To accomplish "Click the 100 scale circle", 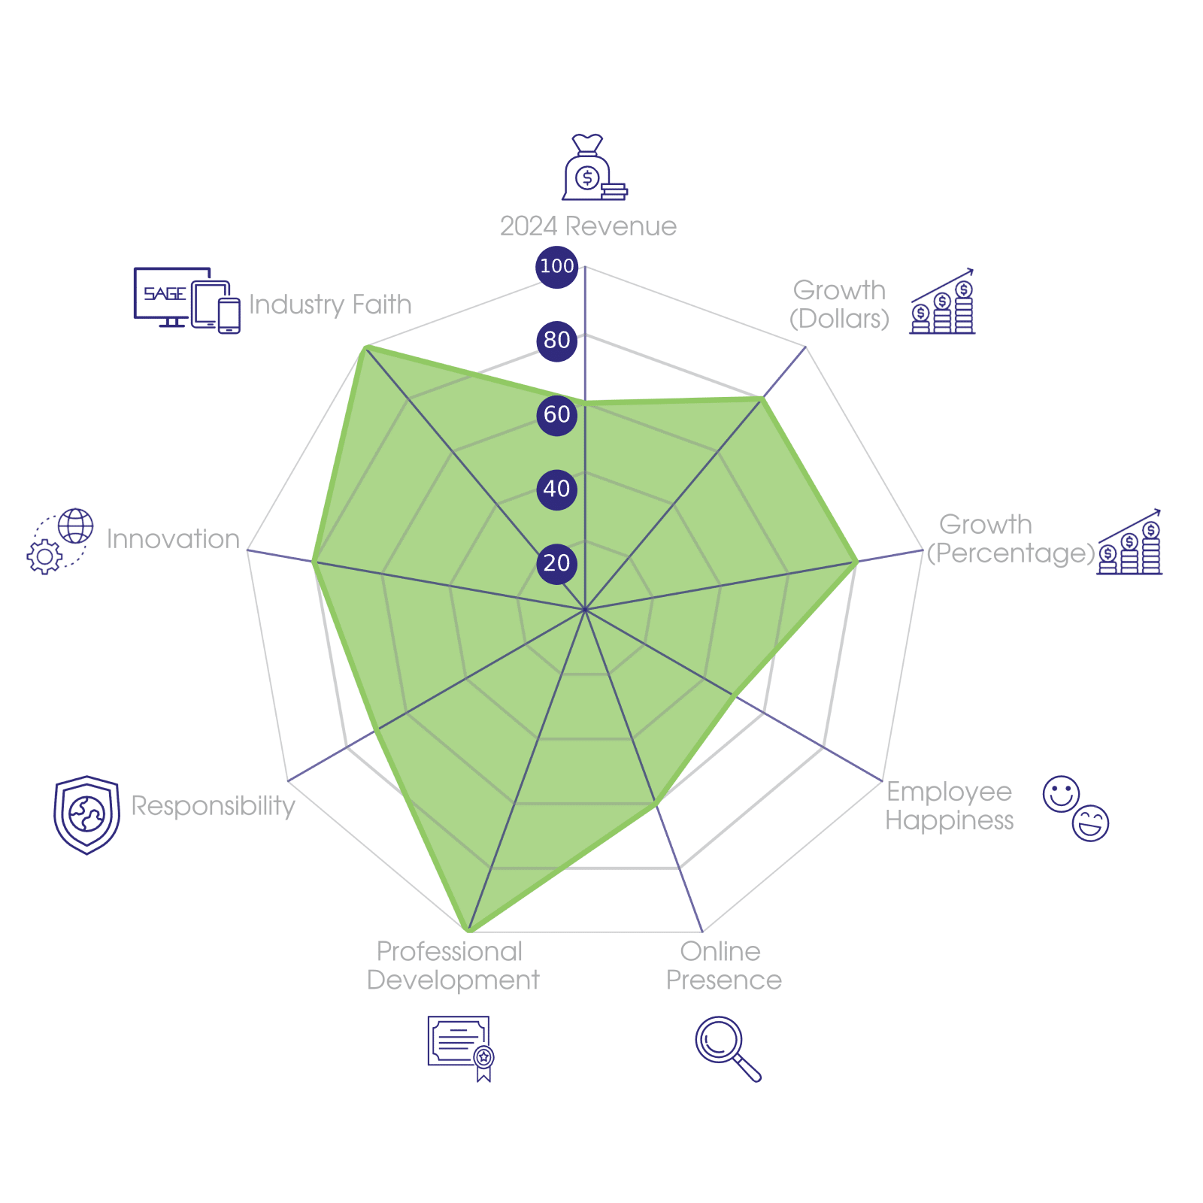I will (556, 266).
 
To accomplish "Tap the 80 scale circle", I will (556, 340).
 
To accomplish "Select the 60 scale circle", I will (556, 414).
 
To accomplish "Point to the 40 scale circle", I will (556, 489).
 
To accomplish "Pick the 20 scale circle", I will (556, 563).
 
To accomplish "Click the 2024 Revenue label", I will (588, 226).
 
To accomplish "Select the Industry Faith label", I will (330, 305).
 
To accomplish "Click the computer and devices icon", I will (186, 300).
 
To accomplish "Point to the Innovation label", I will (173, 539).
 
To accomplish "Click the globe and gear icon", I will (60, 541).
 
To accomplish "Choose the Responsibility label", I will (213, 805).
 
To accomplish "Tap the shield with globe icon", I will (87, 815).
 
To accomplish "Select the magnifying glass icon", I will (726, 1047).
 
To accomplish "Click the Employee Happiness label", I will (949, 805).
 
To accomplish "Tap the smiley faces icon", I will (1075, 808).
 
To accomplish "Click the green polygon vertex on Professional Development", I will (469, 931).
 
